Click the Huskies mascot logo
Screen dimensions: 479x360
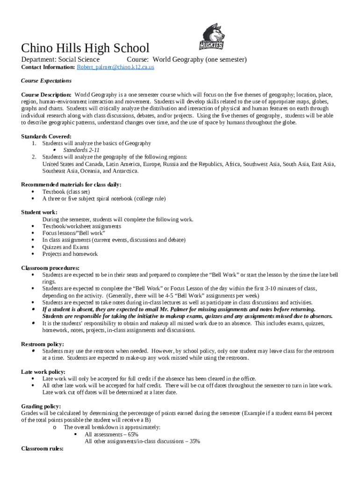pyautogui.click(x=212, y=37)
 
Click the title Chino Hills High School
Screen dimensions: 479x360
pyautogui.click(x=85, y=48)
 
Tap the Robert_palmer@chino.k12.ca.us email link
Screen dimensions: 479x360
pyautogui.click(x=115, y=67)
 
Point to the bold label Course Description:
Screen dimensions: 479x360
pyautogui.click(x=46, y=94)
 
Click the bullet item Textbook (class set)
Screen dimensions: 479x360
pyautogui.click(x=66, y=192)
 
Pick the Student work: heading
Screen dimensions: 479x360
pyautogui.click(x=39, y=212)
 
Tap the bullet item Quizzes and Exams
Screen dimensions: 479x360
pyautogui.click(x=65, y=247)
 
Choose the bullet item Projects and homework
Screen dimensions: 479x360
pyautogui.click(x=70, y=254)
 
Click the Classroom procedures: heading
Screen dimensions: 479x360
pyautogui.click(x=50, y=268)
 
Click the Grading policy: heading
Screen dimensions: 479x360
pyautogui.click(x=42, y=406)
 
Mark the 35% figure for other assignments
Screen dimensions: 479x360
pyautogui.click(x=194, y=441)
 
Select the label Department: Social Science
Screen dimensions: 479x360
pyautogui.click(x=60, y=59)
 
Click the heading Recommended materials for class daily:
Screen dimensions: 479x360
pyautogui.click(x=72, y=185)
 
